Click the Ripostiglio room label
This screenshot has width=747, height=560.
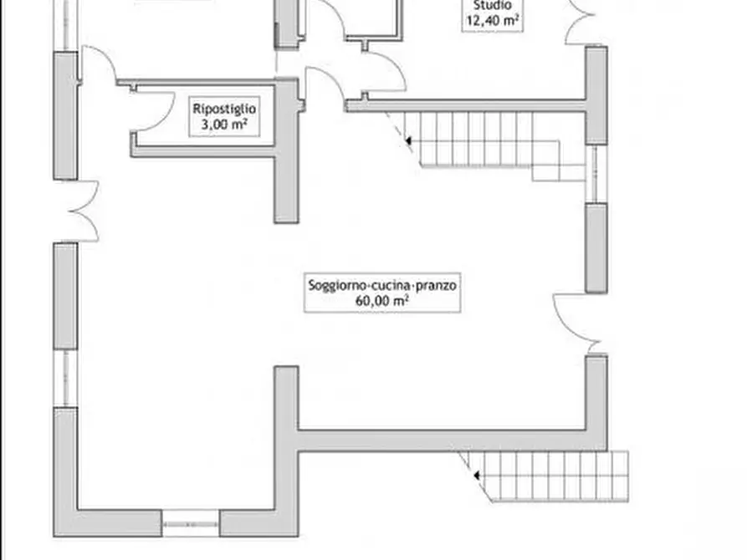pos(224,109)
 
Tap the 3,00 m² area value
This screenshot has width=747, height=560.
pos(224,125)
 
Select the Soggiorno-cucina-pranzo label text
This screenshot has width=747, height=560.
pos(382,285)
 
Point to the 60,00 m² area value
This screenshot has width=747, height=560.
pos(382,301)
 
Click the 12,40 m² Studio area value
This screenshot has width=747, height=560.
pos(493,20)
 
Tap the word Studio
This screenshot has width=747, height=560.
pos(493,6)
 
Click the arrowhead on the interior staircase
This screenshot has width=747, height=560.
pos(408,140)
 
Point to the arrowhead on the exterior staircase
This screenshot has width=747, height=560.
pos(476,476)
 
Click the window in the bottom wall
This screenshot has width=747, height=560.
pos(191,524)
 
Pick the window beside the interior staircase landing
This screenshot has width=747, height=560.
pos(596,174)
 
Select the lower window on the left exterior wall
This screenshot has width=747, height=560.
pos(65,379)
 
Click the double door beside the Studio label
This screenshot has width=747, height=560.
pos(580,23)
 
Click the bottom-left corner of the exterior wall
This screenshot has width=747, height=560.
pos(54,537)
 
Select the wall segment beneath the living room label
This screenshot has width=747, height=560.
pos(442,440)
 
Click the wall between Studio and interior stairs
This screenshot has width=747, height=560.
pos(465,105)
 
